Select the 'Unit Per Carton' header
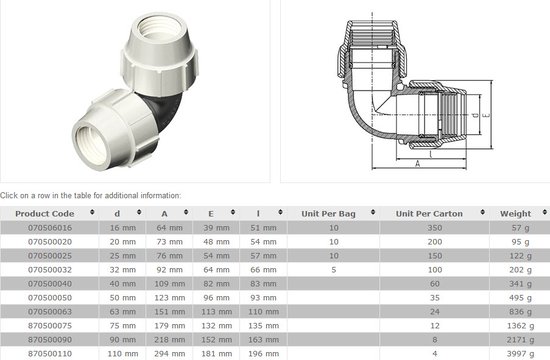(x=433, y=213)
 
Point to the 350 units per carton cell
(x=434, y=228)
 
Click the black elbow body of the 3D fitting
(x=151, y=100)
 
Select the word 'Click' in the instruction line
(x=10, y=195)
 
